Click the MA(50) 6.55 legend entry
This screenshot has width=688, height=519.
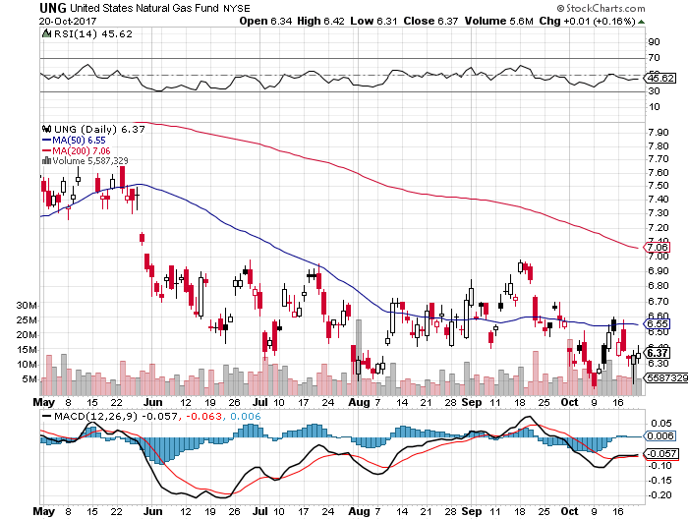(x=72, y=141)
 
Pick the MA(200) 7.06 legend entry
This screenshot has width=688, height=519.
(x=74, y=150)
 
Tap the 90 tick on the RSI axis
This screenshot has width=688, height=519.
(x=652, y=42)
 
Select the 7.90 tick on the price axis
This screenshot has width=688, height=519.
(x=658, y=131)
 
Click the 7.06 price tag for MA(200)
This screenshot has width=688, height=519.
(x=657, y=248)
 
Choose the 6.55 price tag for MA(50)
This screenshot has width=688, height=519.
(x=657, y=322)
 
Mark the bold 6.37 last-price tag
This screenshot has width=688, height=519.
(x=657, y=353)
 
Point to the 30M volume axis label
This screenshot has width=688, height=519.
(x=27, y=306)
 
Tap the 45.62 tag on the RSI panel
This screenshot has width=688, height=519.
(x=657, y=77)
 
